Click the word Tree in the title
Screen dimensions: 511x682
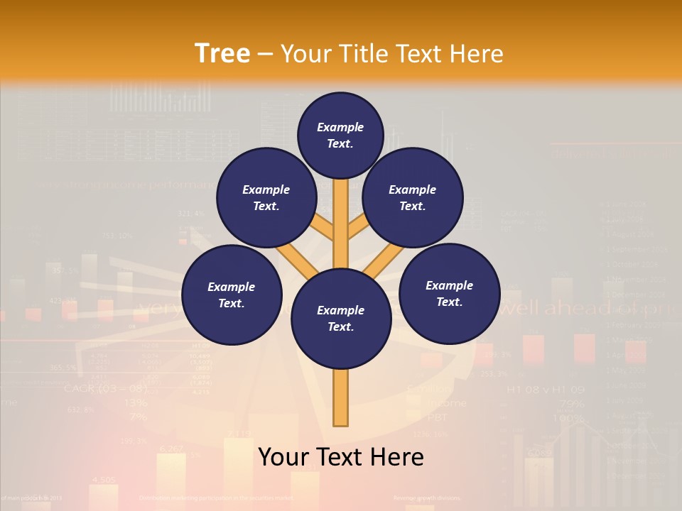click(x=222, y=53)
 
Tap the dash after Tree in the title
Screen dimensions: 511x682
click(x=265, y=55)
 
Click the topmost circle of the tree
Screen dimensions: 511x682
click(x=340, y=135)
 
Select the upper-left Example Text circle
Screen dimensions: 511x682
click(x=266, y=197)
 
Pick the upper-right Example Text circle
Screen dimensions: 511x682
click(x=412, y=197)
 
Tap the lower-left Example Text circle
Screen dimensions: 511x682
click(x=231, y=295)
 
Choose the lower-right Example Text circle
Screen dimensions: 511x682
click(x=449, y=293)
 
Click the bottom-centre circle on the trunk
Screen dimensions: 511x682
click(x=340, y=318)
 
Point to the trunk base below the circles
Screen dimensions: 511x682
click(x=340, y=397)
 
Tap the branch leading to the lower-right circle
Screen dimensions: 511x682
click(x=384, y=259)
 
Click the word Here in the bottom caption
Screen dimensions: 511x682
click(x=394, y=456)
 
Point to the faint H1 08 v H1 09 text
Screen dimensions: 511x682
click(x=545, y=390)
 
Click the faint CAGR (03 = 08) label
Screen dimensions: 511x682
click(x=105, y=388)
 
